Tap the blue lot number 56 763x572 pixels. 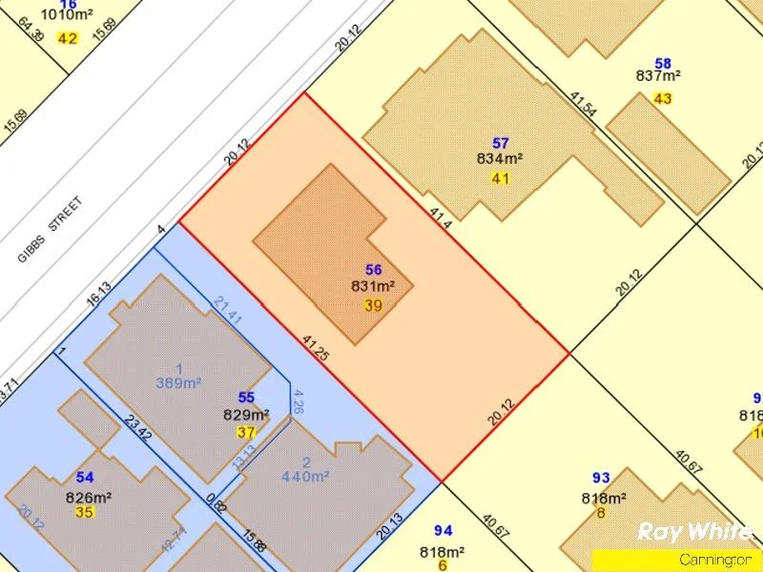coord(374,270)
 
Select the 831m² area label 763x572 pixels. coord(374,286)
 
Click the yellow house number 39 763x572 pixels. coord(374,305)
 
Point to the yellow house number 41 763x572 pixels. coord(501,178)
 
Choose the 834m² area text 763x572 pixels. coord(500,159)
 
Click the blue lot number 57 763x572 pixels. coord(501,143)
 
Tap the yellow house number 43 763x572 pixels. coord(663,98)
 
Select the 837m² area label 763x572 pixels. coord(658,76)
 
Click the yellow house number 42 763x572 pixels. coord(67,38)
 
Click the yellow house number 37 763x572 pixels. coord(246,432)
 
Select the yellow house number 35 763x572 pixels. coord(85,512)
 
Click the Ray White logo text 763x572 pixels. coord(694,532)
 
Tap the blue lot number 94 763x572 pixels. coord(443,530)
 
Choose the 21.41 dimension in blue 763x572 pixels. coord(227,310)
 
